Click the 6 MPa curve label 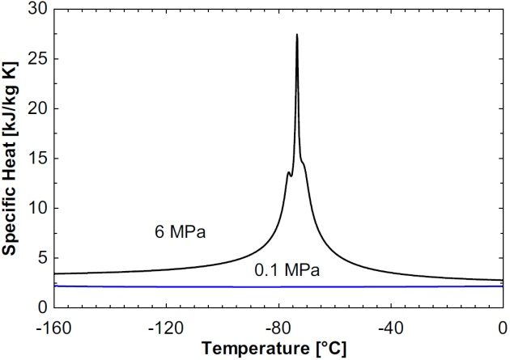[x=180, y=234]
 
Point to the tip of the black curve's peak [x=297, y=35]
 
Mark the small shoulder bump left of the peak [x=288, y=172]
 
